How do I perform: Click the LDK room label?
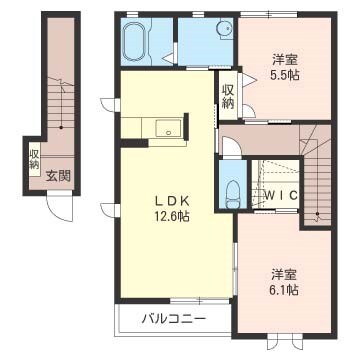point(172,201)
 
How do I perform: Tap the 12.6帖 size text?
point(172,217)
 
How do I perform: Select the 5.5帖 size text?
point(285,76)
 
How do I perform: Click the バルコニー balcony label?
point(173,319)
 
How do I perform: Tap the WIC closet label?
point(282,195)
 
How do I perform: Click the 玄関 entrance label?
point(58,176)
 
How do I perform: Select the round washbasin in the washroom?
point(223,29)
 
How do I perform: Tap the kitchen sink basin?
point(169,128)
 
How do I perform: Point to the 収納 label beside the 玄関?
point(34,159)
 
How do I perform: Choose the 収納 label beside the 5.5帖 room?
point(228,97)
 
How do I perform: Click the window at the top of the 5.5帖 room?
point(269,14)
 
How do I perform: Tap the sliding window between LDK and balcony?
point(200,301)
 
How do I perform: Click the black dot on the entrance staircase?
point(61,127)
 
